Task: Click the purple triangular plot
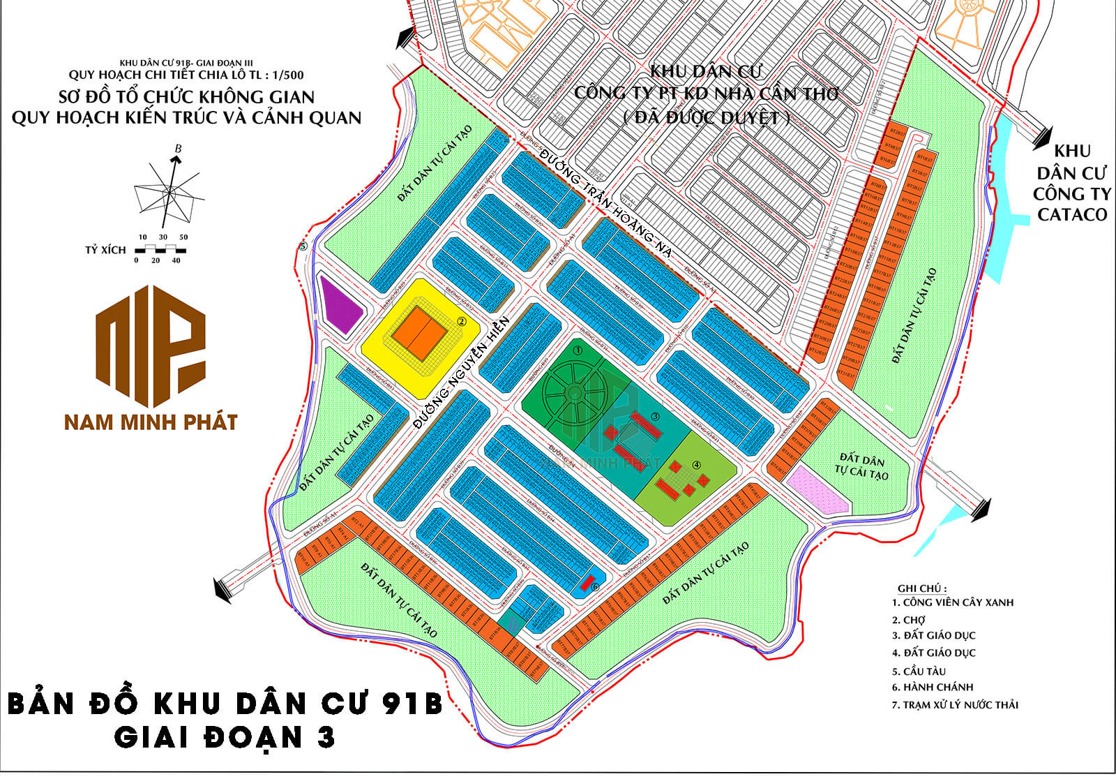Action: pos(340,305)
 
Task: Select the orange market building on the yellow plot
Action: pos(419,334)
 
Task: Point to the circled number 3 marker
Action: pos(655,417)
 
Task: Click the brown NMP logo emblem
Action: pos(151,346)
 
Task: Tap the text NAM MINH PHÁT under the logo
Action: pos(151,422)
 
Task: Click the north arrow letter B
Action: pos(178,148)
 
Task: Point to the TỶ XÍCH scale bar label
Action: pos(105,250)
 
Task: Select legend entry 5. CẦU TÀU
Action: pos(919,671)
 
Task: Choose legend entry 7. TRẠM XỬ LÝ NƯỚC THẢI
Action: pos(954,705)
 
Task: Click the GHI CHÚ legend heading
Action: pos(922,588)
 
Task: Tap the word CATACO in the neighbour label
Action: pos(1072,214)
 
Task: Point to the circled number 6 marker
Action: pos(595,587)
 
